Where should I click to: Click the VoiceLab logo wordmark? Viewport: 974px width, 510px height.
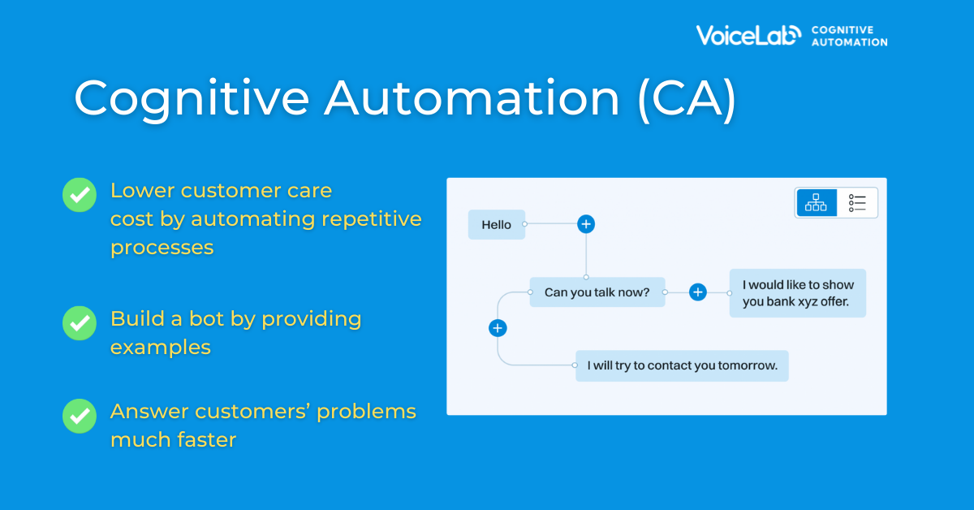(x=748, y=35)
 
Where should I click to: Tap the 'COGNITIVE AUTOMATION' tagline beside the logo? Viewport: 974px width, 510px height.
(x=849, y=36)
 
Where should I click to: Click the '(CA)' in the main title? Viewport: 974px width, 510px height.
(x=687, y=99)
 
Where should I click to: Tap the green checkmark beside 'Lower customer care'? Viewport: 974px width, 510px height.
(x=80, y=195)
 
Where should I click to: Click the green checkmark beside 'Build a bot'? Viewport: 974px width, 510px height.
(x=80, y=323)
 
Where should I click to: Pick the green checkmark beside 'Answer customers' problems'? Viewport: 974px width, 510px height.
(x=80, y=416)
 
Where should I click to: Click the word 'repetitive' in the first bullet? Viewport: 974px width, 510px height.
(x=372, y=219)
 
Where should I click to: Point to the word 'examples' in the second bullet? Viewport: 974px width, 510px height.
(x=161, y=348)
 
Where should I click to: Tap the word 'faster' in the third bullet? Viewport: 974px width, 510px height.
(x=206, y=439)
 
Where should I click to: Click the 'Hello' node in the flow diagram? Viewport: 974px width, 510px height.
(x=497, y=224)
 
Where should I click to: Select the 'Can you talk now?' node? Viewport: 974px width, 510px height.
(x=597, y=292)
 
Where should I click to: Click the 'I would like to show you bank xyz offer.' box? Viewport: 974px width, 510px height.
(x=798, y=293)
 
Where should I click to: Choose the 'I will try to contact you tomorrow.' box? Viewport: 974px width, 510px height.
(x=682, y=365)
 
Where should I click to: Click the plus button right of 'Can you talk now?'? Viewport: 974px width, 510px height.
(x=698, y=292)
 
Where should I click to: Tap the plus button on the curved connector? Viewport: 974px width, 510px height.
(x=498, y=328)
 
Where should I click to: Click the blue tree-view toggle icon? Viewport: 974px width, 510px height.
(x=817, y=202)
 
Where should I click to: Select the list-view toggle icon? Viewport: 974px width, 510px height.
(x=857, y=203)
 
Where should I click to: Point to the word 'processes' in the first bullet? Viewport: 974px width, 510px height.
(x=162, y=248)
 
